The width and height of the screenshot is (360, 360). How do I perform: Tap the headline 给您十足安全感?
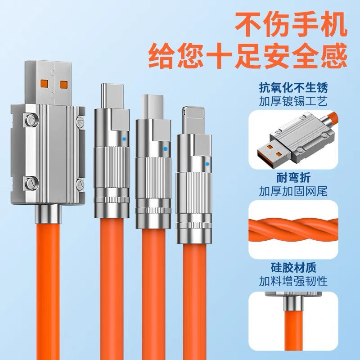point(248,55)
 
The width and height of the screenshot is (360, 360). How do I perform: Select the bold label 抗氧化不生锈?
point(293,87)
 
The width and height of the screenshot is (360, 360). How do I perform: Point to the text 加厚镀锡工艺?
point(293,101)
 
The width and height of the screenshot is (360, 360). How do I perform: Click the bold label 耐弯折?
point(293,178)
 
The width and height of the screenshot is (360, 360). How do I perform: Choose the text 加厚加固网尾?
point(293,191)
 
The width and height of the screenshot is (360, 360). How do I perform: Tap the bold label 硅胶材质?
point(293,267)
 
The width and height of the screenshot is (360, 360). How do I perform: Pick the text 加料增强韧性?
point(293,281)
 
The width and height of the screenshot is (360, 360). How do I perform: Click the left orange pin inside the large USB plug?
point(44,85)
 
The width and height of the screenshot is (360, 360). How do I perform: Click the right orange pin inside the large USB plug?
point(64,85)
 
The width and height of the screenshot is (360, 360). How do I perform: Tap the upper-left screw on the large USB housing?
point(30,120)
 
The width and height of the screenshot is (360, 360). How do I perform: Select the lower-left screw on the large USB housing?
point(30,184)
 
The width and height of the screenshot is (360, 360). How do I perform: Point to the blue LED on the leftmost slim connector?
point(124,139)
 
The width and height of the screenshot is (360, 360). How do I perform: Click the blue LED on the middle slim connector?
point(165,149)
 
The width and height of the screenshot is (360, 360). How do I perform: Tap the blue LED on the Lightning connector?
point(207,164)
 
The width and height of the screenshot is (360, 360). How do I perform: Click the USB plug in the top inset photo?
point(269,155)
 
